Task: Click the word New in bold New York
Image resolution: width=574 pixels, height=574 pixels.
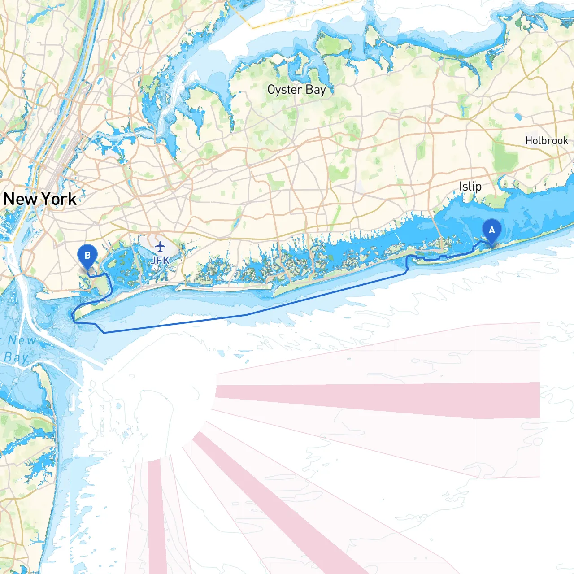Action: point(20,199)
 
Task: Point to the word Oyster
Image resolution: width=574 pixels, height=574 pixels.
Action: point(284,90)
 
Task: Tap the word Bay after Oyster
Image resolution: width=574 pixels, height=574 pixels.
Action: point(316,90)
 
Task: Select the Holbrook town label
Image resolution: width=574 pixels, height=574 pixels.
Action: point(546,140)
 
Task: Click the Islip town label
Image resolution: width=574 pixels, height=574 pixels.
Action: point(470,186)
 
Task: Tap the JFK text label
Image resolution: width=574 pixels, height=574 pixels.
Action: point(160,260)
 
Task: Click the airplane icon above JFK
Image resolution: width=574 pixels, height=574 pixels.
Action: point(160,247)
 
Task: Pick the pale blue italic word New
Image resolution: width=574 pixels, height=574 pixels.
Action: point(22,340)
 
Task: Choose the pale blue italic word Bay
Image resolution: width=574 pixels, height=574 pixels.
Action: point(16,357)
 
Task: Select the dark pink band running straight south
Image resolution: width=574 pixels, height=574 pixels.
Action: point(157,516)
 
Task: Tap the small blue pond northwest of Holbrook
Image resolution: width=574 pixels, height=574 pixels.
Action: point(519,117)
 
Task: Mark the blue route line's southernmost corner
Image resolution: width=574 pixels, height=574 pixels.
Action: point(104,333)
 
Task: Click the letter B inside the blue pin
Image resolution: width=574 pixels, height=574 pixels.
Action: point(87,255)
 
